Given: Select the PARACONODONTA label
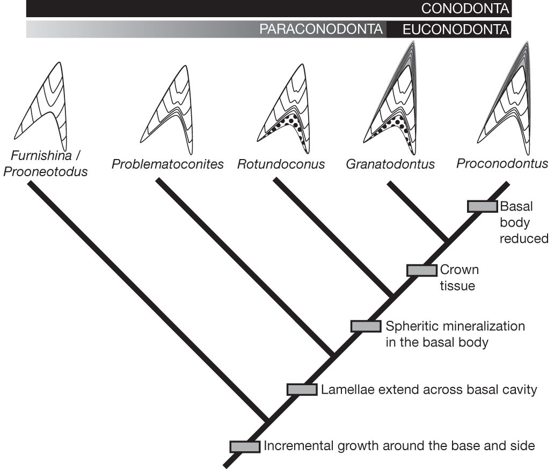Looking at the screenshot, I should click(x=322, y=30).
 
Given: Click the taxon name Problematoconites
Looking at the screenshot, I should click(x=167, y=164).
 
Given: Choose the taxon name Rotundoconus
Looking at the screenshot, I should click(x=281, y=164).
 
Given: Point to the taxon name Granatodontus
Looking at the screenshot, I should click(x=390, y=164).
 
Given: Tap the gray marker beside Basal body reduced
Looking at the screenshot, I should click(x=482, y=206).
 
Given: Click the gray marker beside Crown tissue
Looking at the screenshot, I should click(x=421, y=270).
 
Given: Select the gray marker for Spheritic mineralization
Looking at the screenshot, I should click(x=366, y=326).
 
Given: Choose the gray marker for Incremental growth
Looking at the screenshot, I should click(x=245, y=446).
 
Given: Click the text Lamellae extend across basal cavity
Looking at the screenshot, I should click(x=429, y=389).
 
